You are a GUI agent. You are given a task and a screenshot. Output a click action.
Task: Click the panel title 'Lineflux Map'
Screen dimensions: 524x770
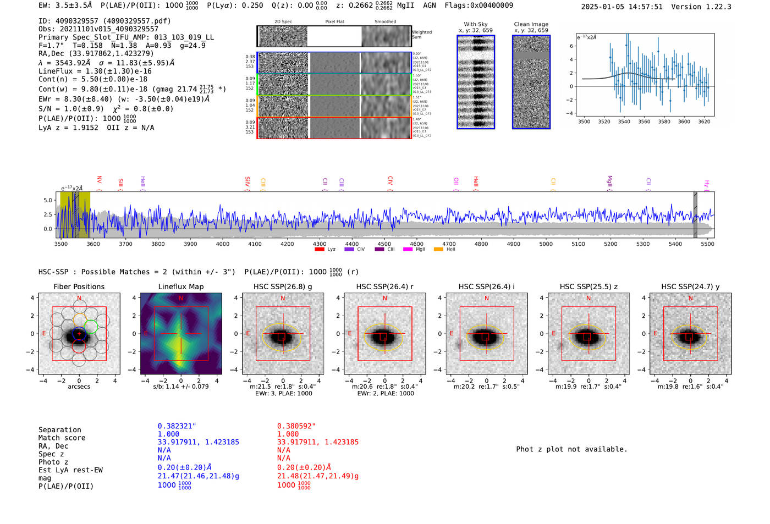180,286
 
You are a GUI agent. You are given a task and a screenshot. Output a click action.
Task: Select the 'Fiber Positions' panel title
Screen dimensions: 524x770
79,286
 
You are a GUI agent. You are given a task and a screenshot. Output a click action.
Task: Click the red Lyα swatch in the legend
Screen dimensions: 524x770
319,250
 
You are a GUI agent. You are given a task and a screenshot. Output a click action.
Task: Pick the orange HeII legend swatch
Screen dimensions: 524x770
438,250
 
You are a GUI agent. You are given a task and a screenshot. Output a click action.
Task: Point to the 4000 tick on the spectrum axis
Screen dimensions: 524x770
223,244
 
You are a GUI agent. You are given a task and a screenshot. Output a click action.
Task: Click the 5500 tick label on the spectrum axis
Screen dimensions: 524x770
707,244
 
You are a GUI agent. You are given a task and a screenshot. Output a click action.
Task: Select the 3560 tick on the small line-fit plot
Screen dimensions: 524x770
644,122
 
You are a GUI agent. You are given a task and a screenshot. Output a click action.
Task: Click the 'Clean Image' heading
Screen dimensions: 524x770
531,24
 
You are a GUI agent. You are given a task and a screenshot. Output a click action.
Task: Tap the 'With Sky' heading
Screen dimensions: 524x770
476,24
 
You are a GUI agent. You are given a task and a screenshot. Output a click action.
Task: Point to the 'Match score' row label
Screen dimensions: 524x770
62,438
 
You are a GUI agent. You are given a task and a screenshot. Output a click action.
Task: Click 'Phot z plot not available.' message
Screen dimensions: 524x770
571,449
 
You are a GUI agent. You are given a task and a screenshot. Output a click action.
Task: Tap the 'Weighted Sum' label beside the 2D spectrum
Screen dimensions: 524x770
421,35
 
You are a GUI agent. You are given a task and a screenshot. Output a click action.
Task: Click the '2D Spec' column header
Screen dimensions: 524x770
283,22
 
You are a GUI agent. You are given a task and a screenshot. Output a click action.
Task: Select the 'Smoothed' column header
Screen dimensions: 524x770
385,22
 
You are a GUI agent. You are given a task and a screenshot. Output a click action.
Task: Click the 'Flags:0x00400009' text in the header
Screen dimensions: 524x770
479,5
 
